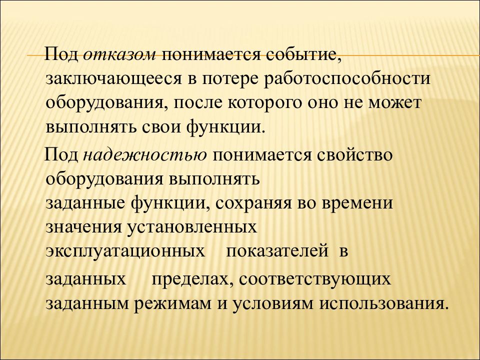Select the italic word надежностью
click(x=145, y=155)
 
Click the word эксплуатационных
click(x=125, y=251)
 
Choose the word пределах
click(x=189, y=279)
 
